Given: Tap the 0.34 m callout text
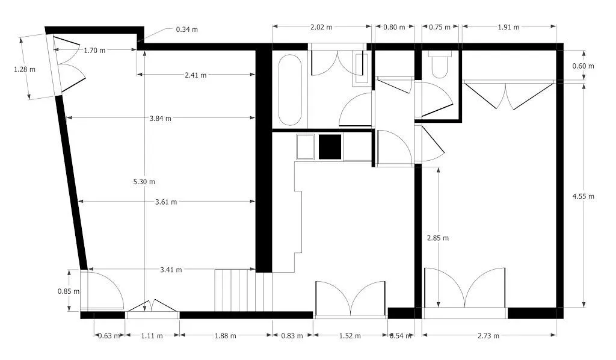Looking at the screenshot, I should coord(186,29).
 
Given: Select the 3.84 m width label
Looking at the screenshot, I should coord(160,119).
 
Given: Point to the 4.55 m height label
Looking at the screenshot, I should coord(583,196).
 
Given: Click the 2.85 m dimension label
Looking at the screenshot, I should coord(437,238).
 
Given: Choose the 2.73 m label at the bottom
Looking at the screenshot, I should coord(488,336).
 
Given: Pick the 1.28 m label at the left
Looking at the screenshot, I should coord(25,69).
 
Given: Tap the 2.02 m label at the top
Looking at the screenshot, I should coord(321,27).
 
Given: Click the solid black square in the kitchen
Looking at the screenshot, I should coord(330,147).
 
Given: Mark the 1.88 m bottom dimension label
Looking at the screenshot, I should coord(225,336).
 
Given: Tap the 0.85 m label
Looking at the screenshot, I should coord(69,291).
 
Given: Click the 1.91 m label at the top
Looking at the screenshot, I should coord(508,27).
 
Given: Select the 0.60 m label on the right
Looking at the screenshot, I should coord(583,66).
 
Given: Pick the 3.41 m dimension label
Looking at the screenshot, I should coord(171,270).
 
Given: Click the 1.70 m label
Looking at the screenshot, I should coord(94,51).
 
